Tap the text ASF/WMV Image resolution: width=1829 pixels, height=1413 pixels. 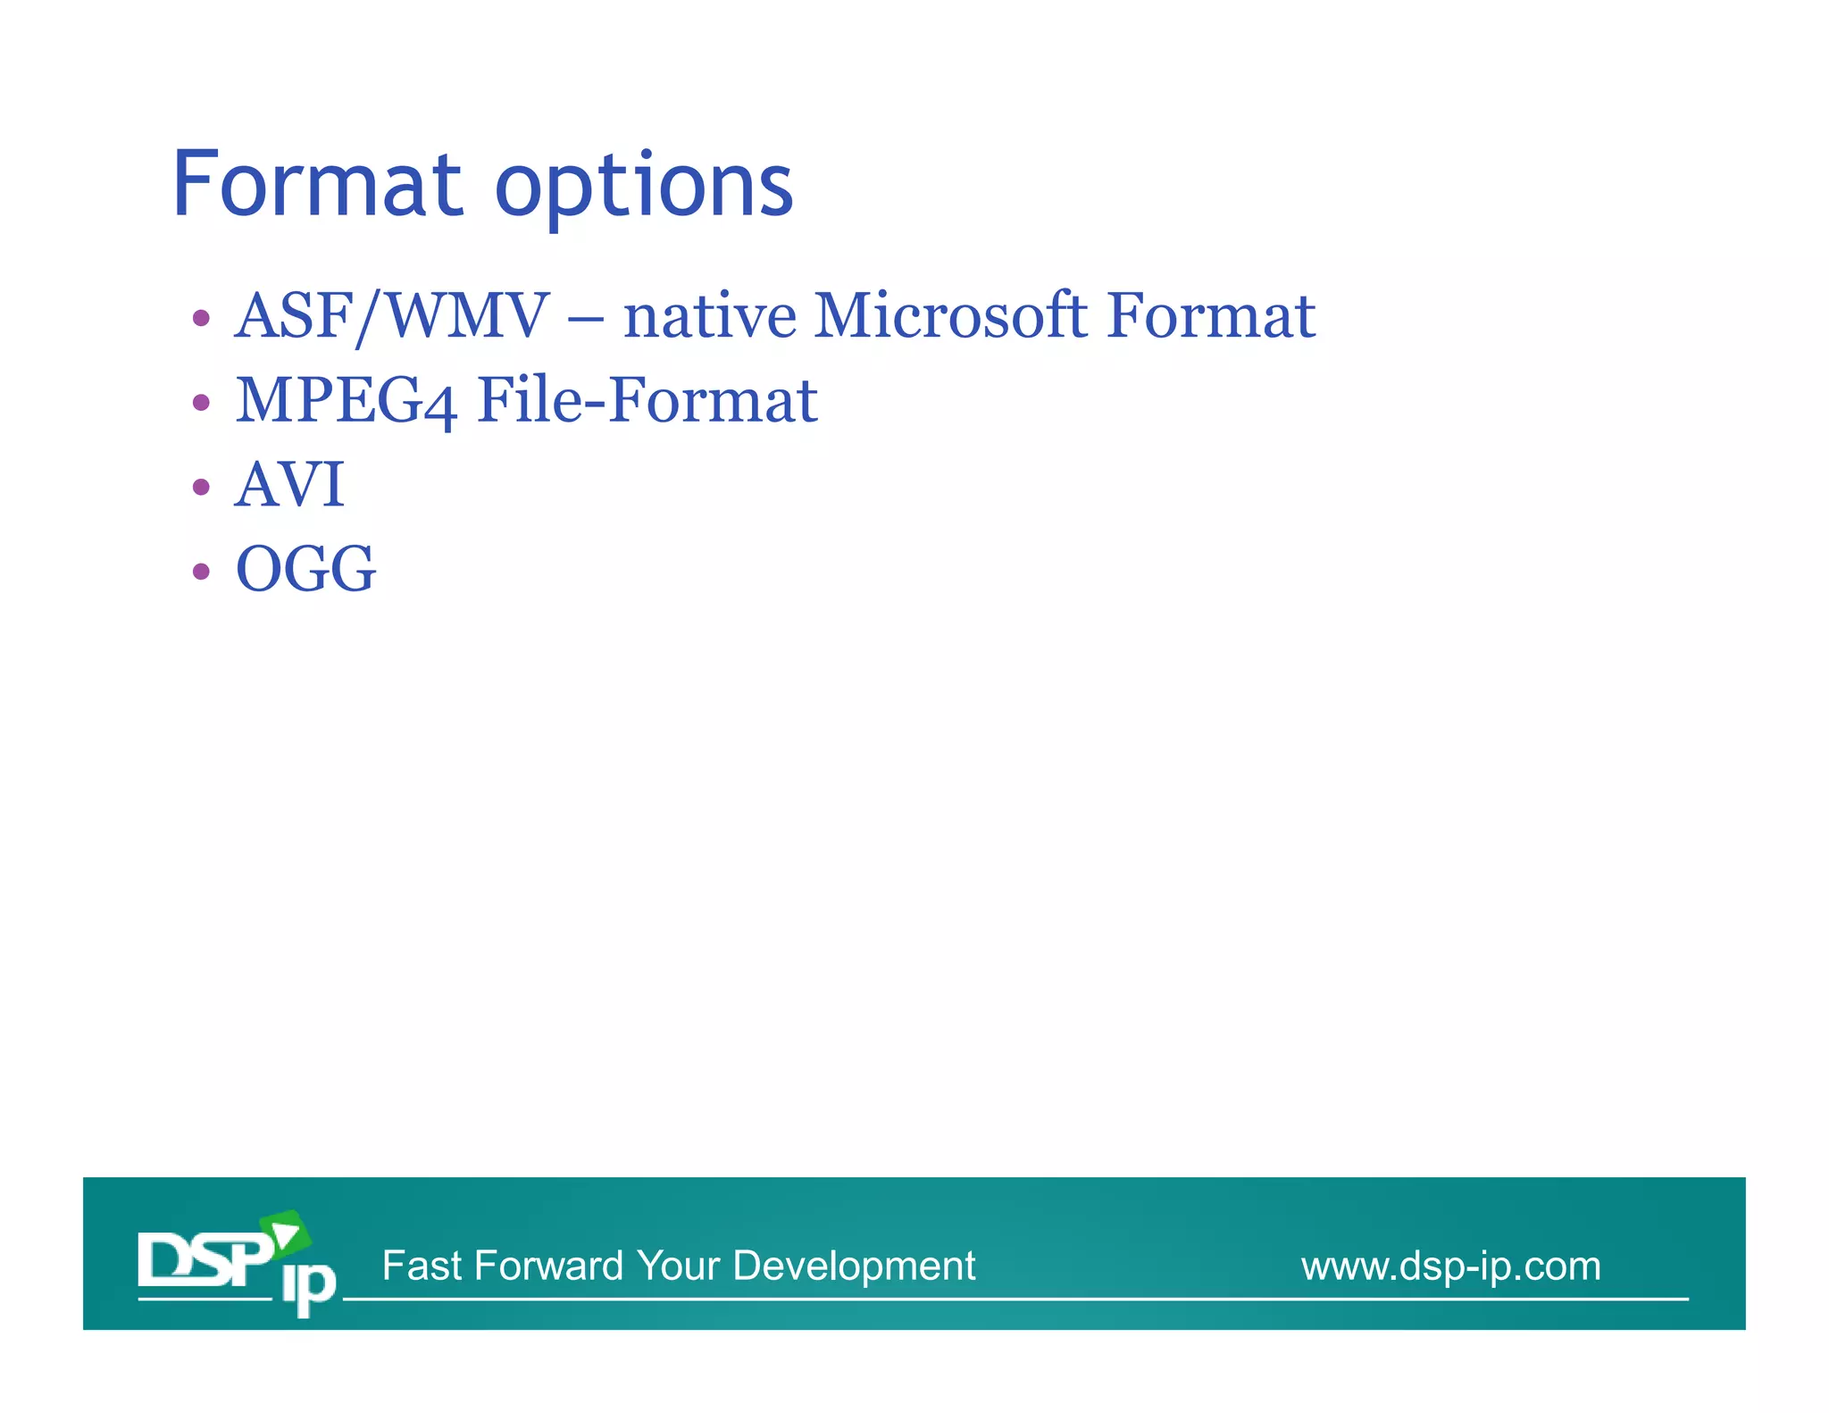(391, 316)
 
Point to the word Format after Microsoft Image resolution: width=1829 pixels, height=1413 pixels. (1211, 316)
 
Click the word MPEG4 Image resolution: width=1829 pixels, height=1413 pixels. (346, 400)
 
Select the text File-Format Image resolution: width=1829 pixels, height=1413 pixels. (647, 400)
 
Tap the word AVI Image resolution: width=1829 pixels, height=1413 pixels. (289, 485)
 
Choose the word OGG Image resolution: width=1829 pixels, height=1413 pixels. (305, 569)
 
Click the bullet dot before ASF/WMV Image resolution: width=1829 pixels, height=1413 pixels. (201, 318)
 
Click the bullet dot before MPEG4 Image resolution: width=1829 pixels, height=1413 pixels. (201, 402)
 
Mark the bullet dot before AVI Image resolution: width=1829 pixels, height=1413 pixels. (201, 487)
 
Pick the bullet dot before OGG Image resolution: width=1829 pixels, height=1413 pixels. (201, 571)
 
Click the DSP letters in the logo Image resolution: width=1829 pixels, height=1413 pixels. (204, 1259)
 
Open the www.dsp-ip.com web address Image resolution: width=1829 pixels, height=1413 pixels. (1450, 1266)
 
